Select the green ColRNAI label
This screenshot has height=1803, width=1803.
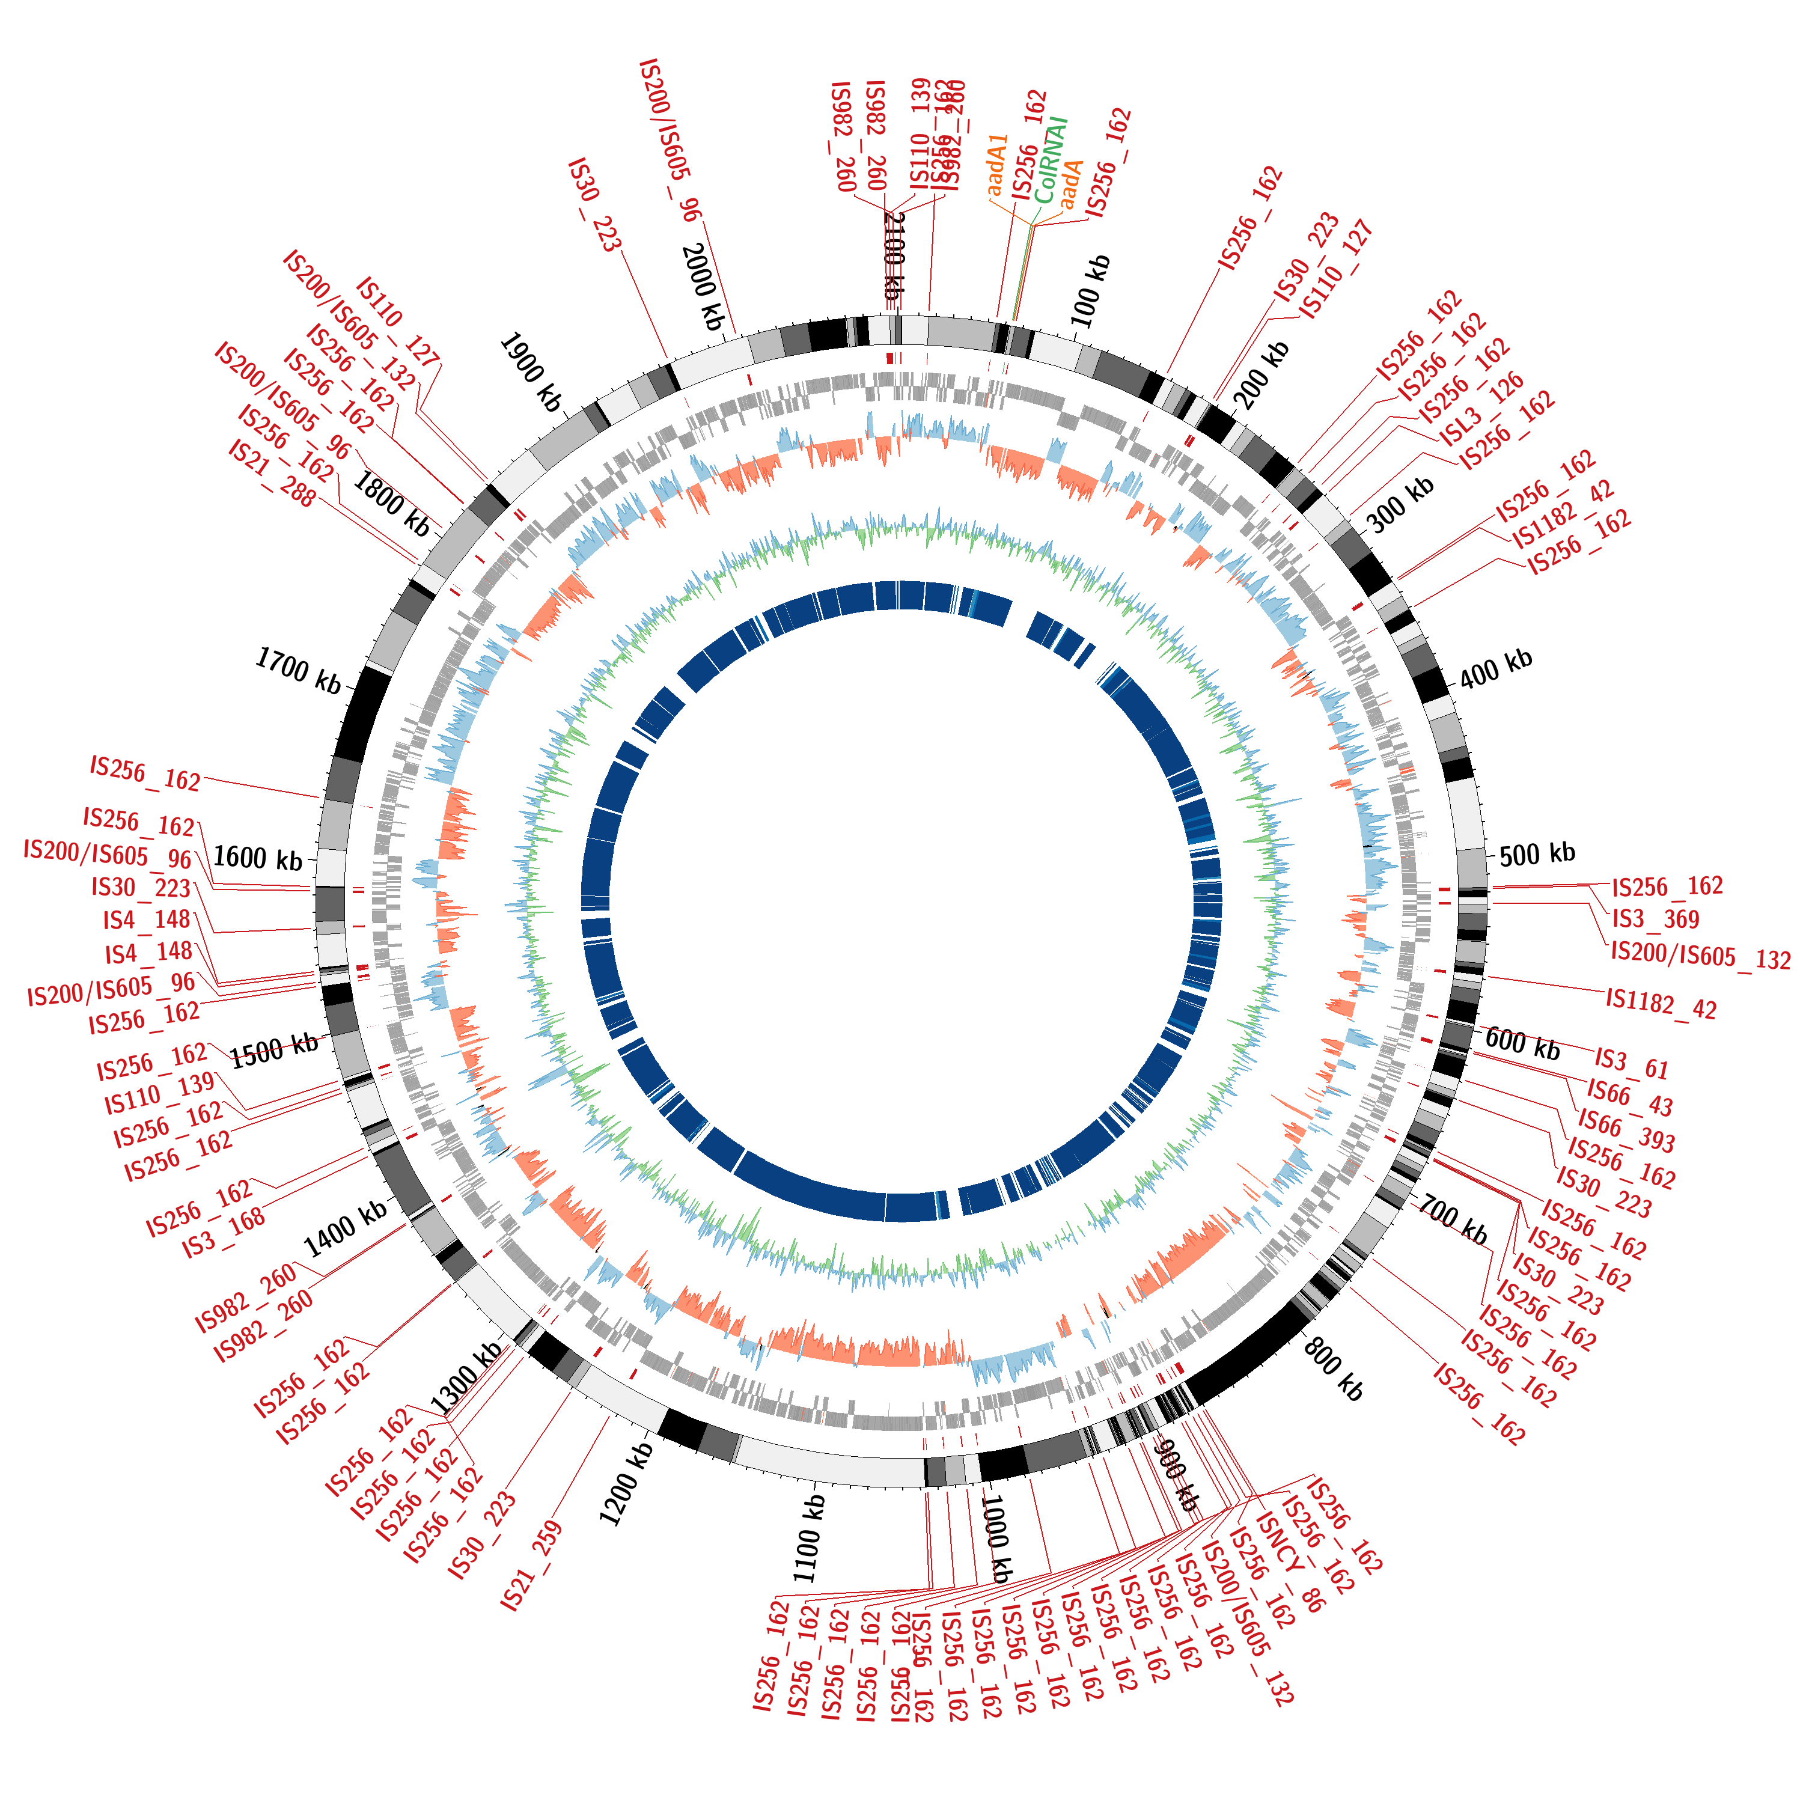(1051, 160)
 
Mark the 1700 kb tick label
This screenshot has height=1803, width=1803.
(299, 671)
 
